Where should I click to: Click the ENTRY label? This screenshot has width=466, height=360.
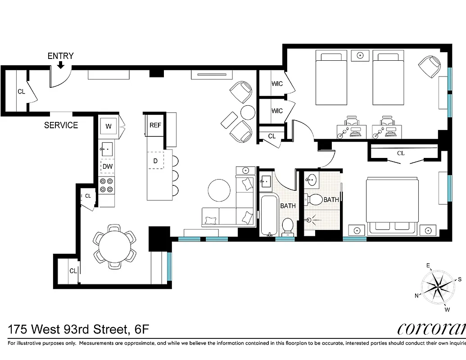(60, 56)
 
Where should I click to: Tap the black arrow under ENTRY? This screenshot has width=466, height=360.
(60, 66)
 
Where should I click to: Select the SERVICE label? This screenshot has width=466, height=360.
(61, 125)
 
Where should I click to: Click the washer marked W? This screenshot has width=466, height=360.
(109, 126)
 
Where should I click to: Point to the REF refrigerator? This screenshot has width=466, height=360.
(155, 126)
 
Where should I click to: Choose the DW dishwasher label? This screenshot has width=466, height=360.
(107, 166)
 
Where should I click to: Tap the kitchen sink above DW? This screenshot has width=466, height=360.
(107, 149)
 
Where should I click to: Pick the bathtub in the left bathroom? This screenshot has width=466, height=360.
(269, 215)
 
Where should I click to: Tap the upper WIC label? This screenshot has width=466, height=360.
(277, 84)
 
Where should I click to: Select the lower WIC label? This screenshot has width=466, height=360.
(277, 111)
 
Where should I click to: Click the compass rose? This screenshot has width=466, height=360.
(438, 287)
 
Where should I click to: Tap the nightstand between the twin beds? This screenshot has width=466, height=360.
(360, 55)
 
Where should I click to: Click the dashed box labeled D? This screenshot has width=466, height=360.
(155, 160)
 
